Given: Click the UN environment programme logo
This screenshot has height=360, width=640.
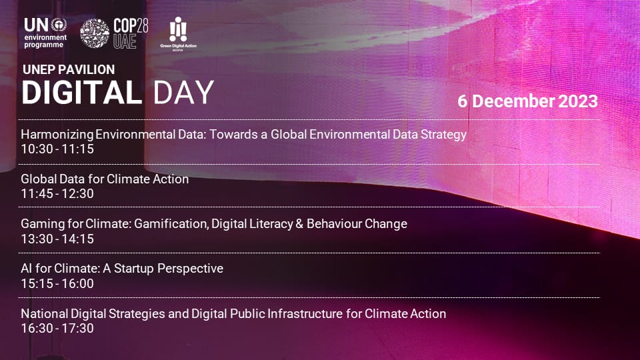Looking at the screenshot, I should coord(44,33).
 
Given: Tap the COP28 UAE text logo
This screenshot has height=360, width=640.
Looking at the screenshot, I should coord(131,32).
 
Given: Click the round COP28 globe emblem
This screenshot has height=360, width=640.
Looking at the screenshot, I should coord(95,33).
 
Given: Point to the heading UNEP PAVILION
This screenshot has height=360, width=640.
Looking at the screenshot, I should coord(68,69).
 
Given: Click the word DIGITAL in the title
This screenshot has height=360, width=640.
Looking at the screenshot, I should coord(81,92).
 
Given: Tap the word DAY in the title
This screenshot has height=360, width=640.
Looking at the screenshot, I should coord(183,92).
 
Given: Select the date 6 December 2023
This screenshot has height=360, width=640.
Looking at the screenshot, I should coord(527,102).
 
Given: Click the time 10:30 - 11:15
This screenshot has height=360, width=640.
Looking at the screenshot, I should coord(57,149).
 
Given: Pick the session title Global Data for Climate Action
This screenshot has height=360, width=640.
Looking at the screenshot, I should coord(105,179).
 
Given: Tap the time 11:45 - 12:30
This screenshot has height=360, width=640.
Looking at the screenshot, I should coord(57,193).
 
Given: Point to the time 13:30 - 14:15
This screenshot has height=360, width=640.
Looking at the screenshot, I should coord(57,238).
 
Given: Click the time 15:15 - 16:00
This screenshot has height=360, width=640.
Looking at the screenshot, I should coord(57,283).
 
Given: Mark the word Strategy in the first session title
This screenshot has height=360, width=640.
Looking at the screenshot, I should coord(443,134).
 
